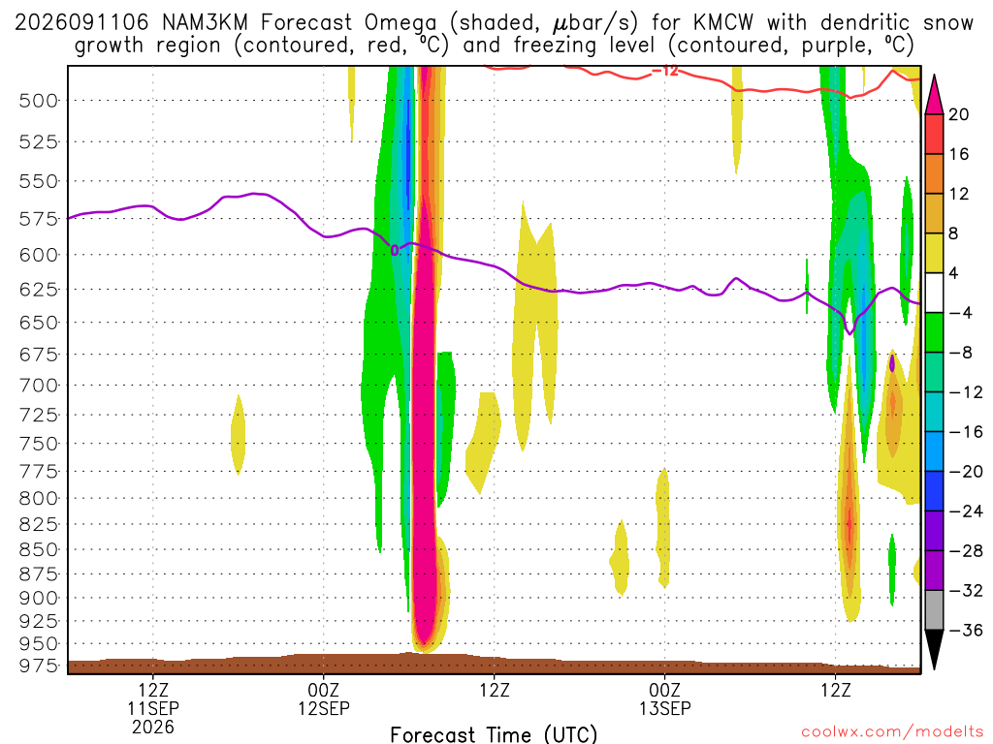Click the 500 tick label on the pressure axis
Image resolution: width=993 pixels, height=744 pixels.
pos(39,101)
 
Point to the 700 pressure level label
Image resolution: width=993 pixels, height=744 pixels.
pos(39,386)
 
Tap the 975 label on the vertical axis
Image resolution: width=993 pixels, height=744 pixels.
pos(39,666)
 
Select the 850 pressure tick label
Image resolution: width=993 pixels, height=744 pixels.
pos(39,549)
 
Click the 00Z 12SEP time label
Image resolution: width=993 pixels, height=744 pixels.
pos(324,698)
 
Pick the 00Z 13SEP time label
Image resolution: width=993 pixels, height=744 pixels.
pos(664,698)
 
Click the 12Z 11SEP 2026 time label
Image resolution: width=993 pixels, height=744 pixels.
pos(153,708)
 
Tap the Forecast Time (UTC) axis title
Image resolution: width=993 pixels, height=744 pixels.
pos(494,734)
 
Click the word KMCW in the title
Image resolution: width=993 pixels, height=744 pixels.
pos(723,23)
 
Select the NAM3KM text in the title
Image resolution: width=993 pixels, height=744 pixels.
pos(205,23)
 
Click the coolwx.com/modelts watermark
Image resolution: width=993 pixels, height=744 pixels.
pos(892,732)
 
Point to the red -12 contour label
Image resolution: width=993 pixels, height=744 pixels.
pos(665,71)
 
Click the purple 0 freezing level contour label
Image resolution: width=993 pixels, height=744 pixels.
pos(395,251)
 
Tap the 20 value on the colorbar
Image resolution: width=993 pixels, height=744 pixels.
pos(958,114)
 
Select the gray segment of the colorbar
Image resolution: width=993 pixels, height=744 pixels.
pos(934,610)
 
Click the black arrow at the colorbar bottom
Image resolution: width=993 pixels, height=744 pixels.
pos(934,648)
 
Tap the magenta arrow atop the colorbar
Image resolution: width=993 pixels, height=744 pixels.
pos(934,95)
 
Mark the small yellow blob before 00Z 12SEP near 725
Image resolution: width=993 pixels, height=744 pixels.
pos(239,435)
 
